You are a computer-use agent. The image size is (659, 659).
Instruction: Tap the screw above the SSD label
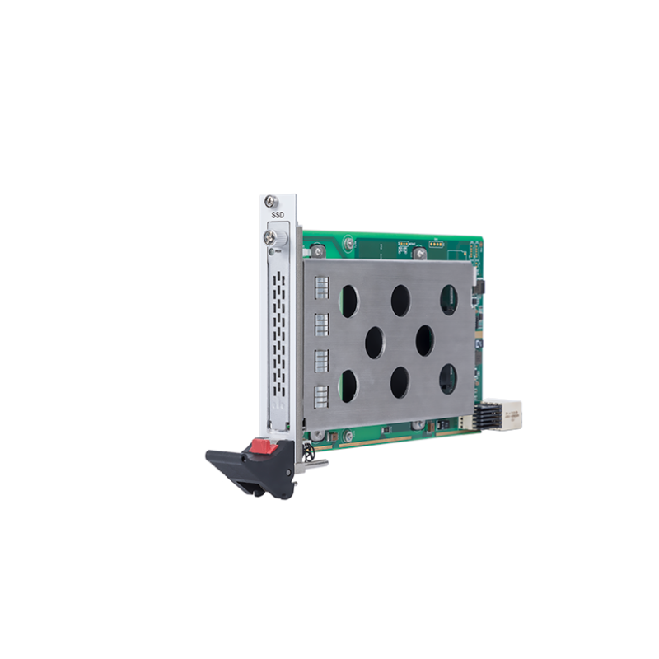[272, 200]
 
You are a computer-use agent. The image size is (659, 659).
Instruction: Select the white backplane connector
[512, 414]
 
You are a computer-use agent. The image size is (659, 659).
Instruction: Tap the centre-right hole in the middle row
[425, 338]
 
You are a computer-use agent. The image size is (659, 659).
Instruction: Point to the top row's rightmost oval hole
[450, 300]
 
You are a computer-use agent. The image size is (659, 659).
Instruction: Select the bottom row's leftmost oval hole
[349, 385]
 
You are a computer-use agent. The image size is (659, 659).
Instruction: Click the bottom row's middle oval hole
[400, 381]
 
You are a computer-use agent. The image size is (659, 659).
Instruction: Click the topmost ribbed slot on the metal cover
[322, 287]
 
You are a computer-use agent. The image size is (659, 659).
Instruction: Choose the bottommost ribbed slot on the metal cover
[322, 395]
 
